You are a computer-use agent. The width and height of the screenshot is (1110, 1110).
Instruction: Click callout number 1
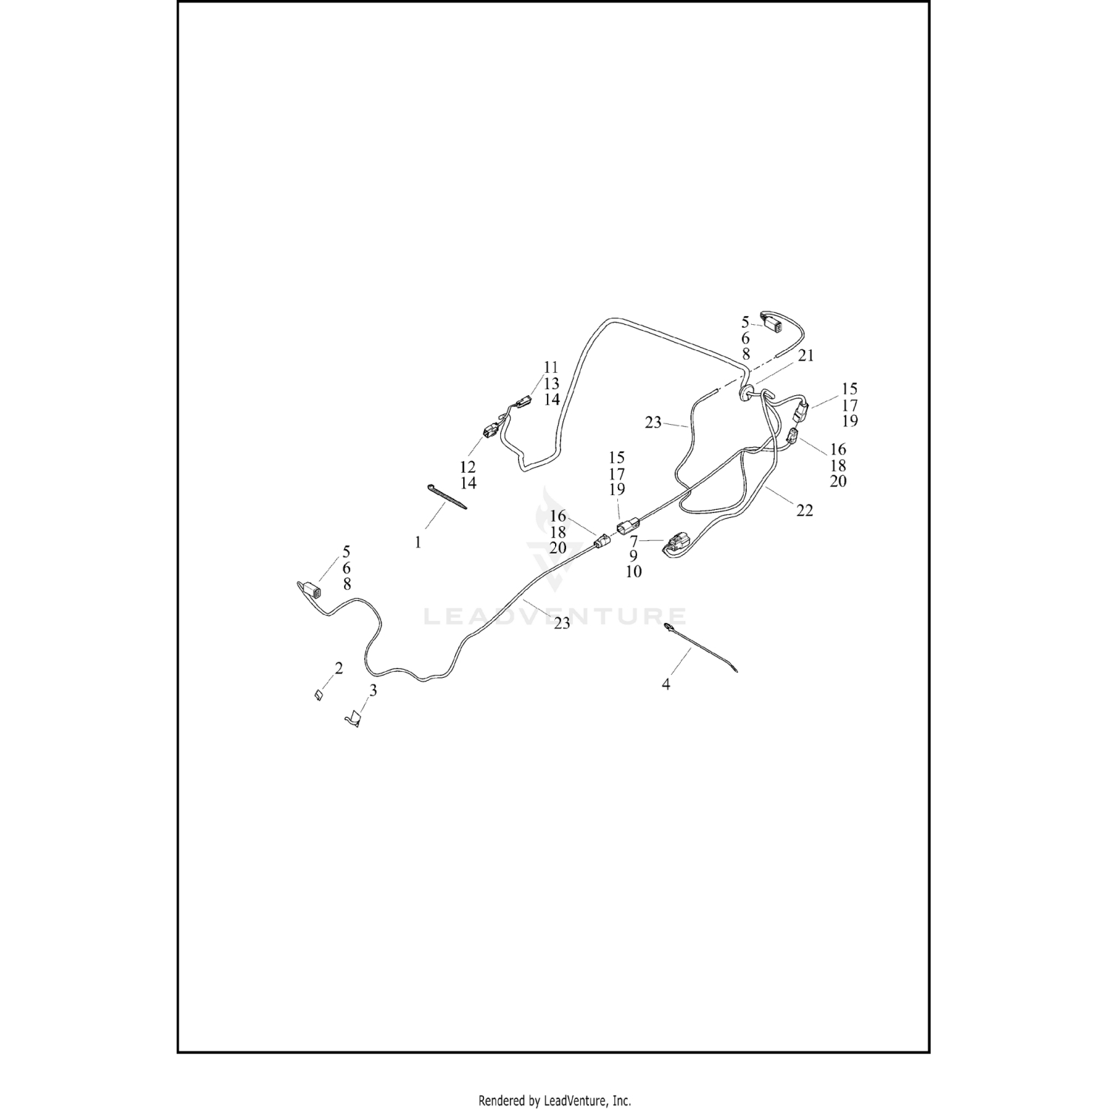click(x=417, y=542)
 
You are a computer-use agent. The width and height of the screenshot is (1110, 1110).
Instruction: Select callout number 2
click(x=339, y=668)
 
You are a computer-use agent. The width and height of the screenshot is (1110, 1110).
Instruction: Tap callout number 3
click(x=373, y=690)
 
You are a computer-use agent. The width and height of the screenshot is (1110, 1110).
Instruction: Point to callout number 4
click(x=666, y=685)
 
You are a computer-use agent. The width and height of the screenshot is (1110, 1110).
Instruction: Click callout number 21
click(x=806, y=355)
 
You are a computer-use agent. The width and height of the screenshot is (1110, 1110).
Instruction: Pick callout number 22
click(x=805, y=510)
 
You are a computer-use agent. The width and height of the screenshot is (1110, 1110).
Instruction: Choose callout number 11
click(x=551, y=367)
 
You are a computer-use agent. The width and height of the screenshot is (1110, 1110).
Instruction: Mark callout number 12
click(x=468, y=467)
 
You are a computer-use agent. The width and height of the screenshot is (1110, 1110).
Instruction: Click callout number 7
click(x=633, y=541)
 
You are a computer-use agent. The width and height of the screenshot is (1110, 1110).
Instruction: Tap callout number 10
click(x=633, y=572)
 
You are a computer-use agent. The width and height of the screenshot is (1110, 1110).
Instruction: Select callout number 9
click(x=633, y=556)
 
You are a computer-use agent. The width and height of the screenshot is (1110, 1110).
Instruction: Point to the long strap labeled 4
click(x=703, y=650)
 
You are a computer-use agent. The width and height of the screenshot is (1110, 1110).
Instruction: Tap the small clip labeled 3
click(x=354, y=719)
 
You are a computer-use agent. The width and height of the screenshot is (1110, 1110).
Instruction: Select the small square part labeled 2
click(x=317, y=696)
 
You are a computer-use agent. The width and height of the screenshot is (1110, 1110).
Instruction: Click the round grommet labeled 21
click(x=744, y=392)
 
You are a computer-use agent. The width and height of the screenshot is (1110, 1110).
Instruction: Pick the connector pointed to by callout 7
click(x=677, y=545)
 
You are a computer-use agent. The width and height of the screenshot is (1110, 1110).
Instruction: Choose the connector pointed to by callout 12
click(x=489, y=430)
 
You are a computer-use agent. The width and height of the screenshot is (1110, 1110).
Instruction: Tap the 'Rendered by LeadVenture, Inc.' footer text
click(x=554, y=1100)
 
